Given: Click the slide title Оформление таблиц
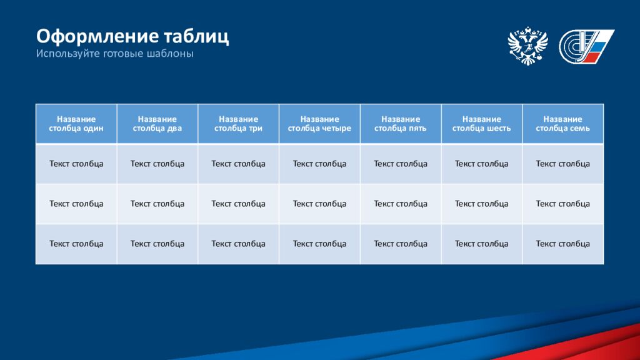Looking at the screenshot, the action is tap(132, 37).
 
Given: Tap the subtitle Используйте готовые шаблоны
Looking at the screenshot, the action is tap(115, 54).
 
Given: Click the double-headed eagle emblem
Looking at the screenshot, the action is tap(527, 46).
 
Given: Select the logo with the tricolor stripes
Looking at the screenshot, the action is tap(586, 46).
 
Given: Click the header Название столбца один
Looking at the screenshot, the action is tap(76, 124).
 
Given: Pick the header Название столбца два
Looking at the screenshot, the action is tap(157, 124).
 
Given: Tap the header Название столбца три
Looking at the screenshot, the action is tap(238, 124).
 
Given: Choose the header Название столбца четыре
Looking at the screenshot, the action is tap(319, 124).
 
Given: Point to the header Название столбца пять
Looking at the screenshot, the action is tap(401, 124).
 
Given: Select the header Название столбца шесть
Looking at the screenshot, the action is tap(482, 124).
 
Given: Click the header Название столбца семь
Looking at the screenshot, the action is tap(563, 124).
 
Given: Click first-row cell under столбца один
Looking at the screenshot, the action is tap(76, 164).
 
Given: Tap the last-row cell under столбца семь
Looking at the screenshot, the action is tap(563, 244).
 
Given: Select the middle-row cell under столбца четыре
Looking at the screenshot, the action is tap(319, 204).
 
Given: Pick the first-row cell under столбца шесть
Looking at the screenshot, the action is tap(482, 164).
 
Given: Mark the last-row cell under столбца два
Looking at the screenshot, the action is tap(157, 244).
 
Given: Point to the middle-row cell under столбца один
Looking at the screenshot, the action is tap(76, 204).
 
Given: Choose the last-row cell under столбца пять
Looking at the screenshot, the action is tap(401, 244).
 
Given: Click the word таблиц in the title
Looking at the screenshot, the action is tap(196, 37).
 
